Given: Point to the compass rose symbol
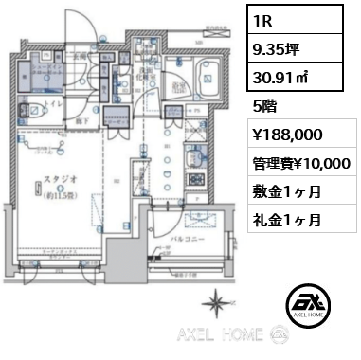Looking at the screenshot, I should [x=215, y=305].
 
